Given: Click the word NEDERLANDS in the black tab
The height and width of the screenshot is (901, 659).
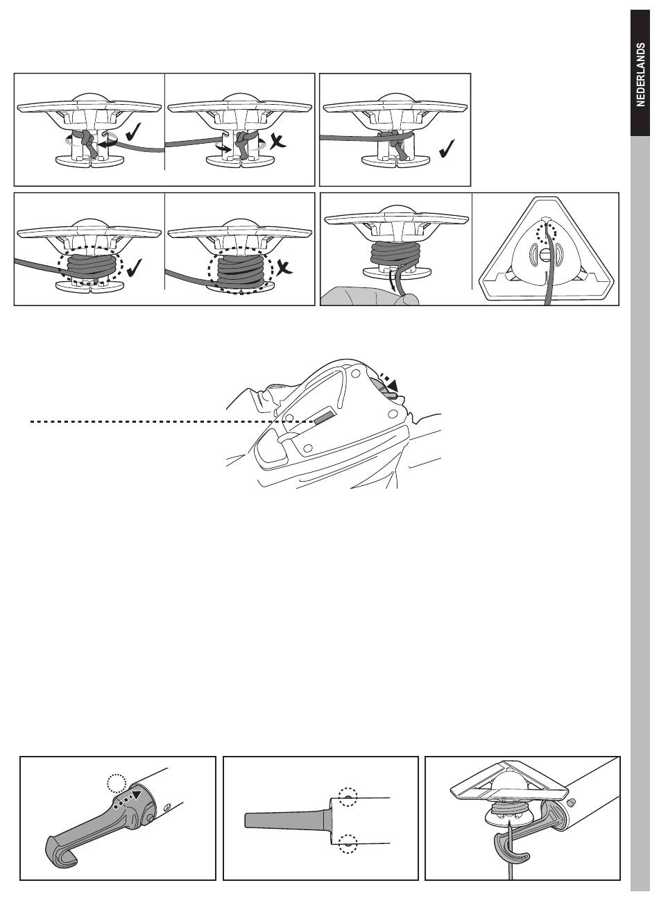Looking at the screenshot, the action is tap(640, 74).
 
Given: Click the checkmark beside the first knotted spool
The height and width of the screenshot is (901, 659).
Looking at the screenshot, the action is tap(133, 133).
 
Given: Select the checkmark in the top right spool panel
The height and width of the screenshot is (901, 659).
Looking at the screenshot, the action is tap(447, 149).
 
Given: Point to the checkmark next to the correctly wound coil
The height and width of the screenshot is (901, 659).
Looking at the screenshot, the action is tap(134, 267).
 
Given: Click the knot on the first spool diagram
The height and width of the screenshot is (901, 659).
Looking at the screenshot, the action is tap(86, 140).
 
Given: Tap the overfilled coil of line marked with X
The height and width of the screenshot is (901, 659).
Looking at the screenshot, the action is tap(241, 273).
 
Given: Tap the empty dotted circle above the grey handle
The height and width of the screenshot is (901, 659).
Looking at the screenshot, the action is tap(117, 783).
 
